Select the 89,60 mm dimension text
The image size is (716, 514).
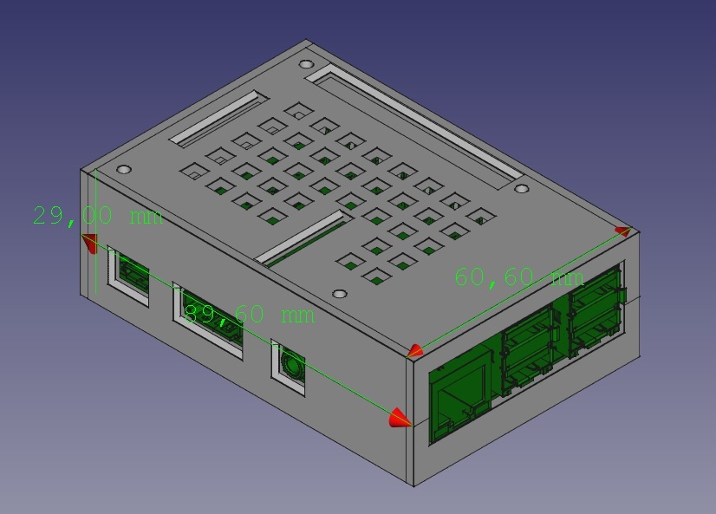(x=249, y=314)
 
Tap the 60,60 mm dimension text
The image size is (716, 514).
(x=518, y=277)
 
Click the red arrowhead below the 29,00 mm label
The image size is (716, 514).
(x=89, y=244)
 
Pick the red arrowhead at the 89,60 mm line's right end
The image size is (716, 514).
(x=400, y=419)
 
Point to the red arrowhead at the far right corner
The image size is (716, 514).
(x=623, y=231)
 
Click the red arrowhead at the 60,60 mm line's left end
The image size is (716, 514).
(x=415, y=351)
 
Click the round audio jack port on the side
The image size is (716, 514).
(x=290, y=367)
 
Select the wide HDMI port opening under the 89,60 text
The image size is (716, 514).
(x=208, y=317)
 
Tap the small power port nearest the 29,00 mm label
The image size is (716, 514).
(x=129, y=275)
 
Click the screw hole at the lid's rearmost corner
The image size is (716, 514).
(x=307, y=64)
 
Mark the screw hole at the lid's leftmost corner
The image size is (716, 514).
(x=124, y=168)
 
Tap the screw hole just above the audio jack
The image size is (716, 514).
(x=340, y=295)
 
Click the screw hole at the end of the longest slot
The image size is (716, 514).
(x=520, y=188)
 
